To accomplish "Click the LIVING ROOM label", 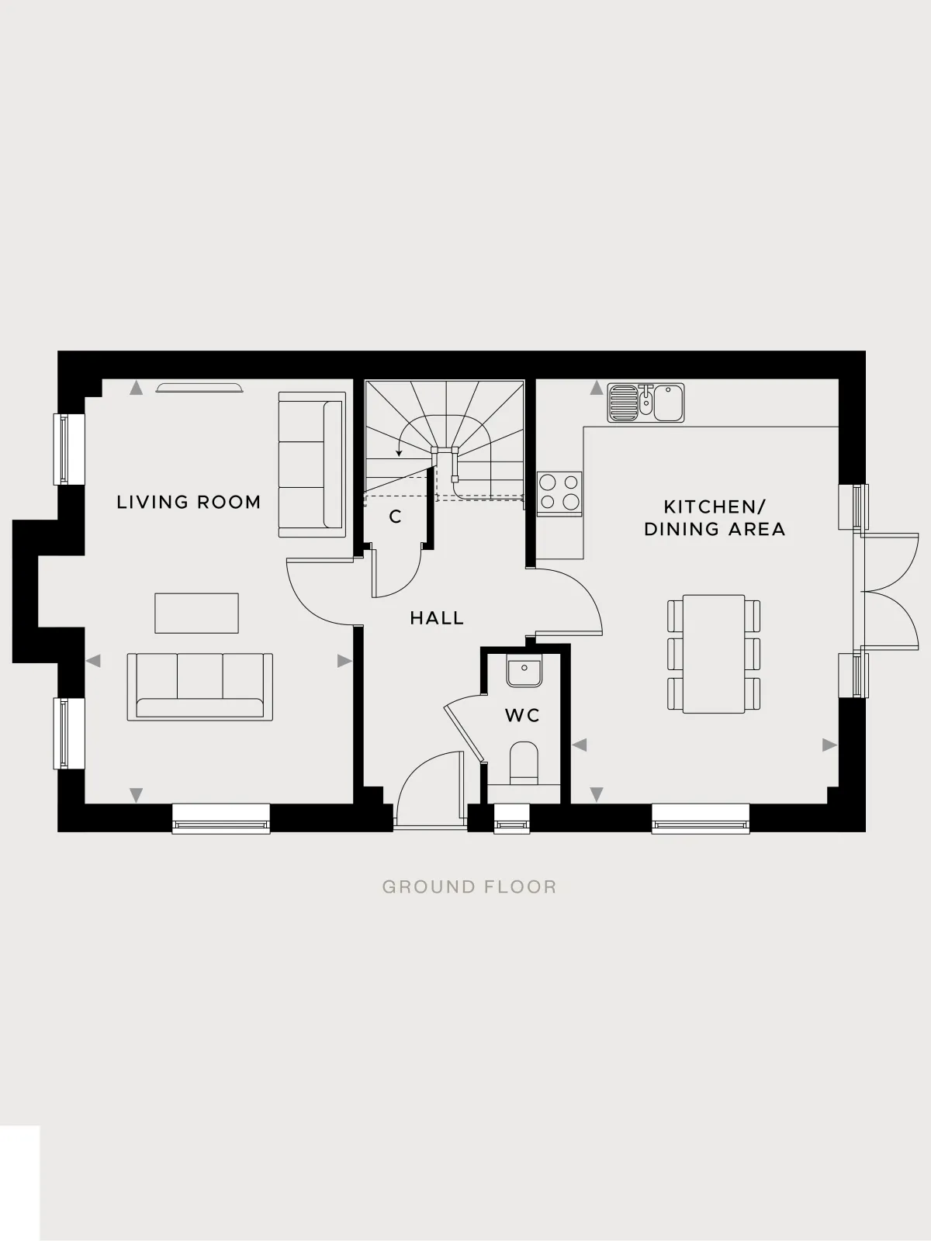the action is (x=189, y=502).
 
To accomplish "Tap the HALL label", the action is (x=437, y=618).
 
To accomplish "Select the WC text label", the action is (x=522, y=715).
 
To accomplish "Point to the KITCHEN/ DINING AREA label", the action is (x=715, y=518).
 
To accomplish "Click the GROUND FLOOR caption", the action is (x=469, y=887).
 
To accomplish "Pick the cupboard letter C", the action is (x=395, y=517).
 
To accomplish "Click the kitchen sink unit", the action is (x=645, y=403).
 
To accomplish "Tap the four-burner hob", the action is (x=559, y=493).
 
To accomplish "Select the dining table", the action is (x=713, y=654).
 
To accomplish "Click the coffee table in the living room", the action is (x=197, y=613).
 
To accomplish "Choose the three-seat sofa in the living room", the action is (x=200, y=687).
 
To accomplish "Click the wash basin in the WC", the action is (x=524, y=672).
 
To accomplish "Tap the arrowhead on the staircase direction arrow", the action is (x=399, y=453).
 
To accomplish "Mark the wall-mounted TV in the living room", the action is (x=199, y=387).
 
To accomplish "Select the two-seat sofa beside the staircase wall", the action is (x=312, y=464).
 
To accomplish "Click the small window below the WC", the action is (x=512, y=818).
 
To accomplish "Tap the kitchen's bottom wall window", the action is (x=701, y=818).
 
